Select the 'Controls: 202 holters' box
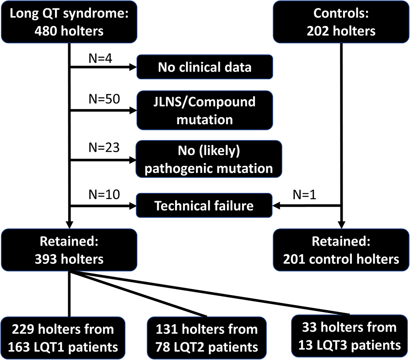coord(341,22)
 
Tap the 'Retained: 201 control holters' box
coord(341,250)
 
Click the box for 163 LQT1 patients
coord(62,337)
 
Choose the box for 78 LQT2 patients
coord(206,337)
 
